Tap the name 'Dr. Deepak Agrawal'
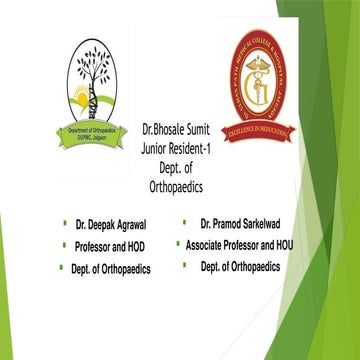click(x=110, y=217)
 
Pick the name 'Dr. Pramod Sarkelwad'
click(x=244, y=217)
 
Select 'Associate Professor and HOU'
click(x=246, y=242)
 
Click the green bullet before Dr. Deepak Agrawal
click(x=64, y=216)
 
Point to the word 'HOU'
click(x=294, y=242)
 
